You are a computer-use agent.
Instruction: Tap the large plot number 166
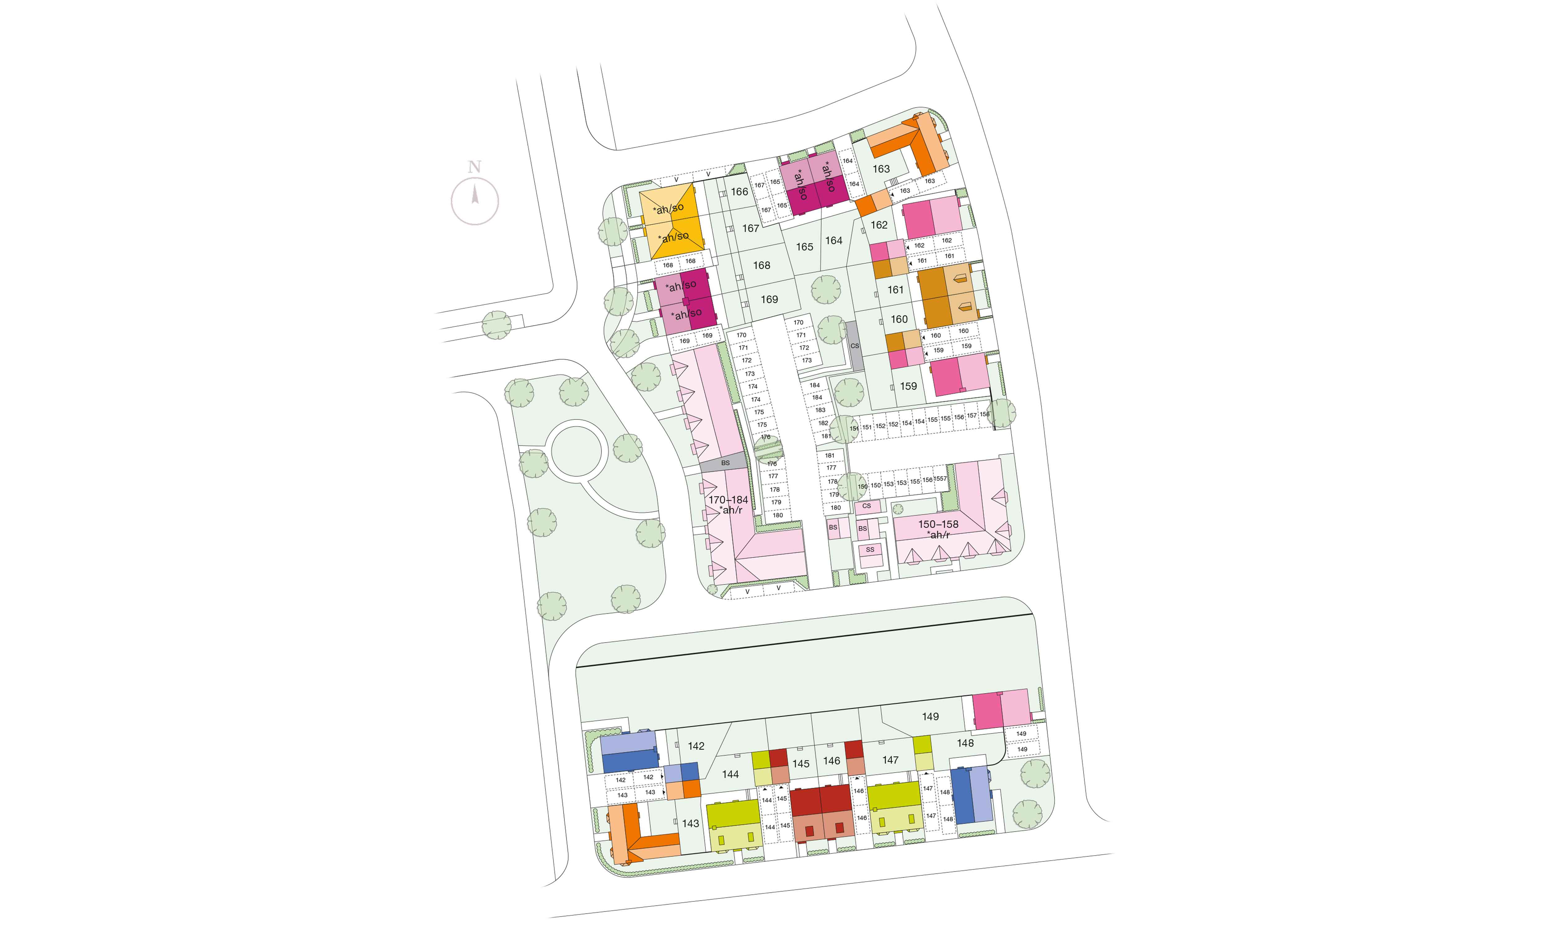[x=739, y=191]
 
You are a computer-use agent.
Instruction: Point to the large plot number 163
[x=881, y=169]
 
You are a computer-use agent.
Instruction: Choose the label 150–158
[x=938, y=524]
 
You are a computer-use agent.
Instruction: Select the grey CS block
[x=855, y=346]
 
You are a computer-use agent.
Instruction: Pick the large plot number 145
[x=801, y=764]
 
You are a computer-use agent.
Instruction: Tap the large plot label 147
[x=890, y=760]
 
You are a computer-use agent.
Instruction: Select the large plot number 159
[x=908, y=386]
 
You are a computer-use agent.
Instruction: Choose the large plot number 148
[x=965, y=743]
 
